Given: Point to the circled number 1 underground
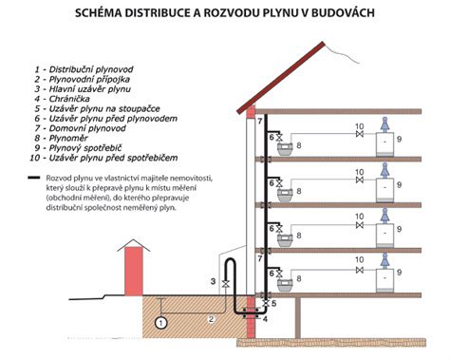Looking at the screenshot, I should [x=161, y=324].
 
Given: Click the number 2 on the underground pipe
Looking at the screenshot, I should [x=211, y=318].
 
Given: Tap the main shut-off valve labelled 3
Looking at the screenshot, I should [x=225, y=284].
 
